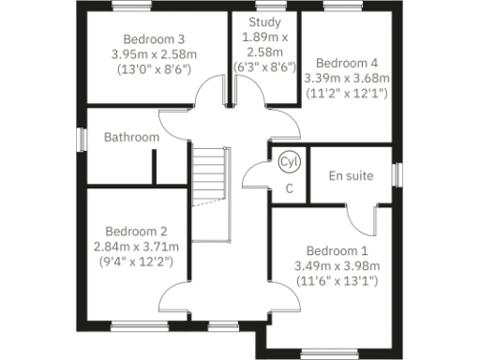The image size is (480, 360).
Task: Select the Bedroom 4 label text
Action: pyautogui.click(x=347, y=63)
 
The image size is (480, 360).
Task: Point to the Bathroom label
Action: pyautogui.click(x=131, y=137)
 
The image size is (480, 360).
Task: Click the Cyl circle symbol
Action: pyautogui.click(x=289, y=162)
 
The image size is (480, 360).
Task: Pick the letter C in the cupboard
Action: pyautogui.click(x=290, y=188)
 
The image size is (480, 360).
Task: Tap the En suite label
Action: pyautogui.click(x=351, y=175)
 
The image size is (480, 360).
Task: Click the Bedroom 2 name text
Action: pyautogui.click(x=136, y=232)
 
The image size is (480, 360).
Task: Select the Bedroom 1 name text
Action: pyautogui.click(x=337, y=251)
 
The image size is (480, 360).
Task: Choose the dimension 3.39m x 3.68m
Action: pyautogui.click(x=347, y=78)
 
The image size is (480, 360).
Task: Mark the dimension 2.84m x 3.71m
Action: pyautogui.click(x=136, y=247)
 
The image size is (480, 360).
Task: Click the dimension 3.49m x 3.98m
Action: pyautogui.click(x=337, y=266)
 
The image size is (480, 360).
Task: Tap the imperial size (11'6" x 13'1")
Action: pyautogui.click(x=337, y=281)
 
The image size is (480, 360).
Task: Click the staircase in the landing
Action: pyautogui.click(x=211, y=178)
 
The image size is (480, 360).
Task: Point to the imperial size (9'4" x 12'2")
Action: pyautogui.click(x=136, y=261)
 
